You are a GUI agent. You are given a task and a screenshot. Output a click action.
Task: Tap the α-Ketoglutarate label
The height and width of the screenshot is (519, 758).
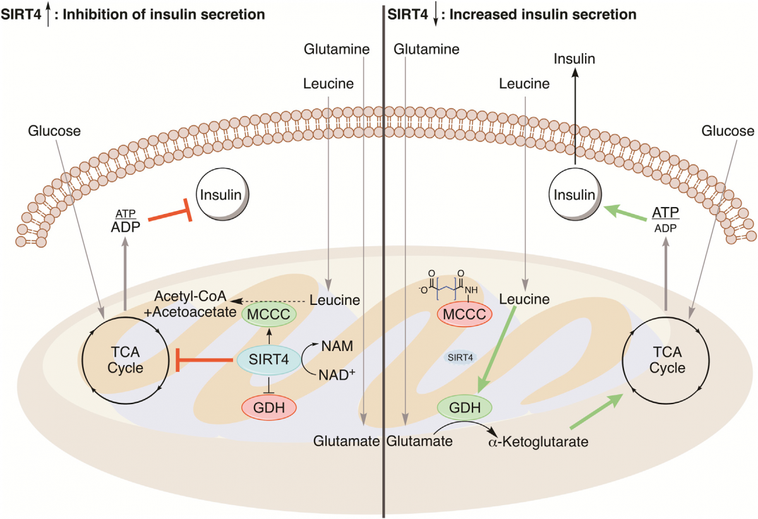coord(539,442)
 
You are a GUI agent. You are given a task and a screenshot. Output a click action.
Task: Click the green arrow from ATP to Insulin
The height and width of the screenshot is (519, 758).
coord(625,213)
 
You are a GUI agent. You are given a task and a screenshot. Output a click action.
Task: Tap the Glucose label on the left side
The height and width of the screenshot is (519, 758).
coord(55,131)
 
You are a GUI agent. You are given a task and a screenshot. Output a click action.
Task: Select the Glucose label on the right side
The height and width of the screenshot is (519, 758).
coord(728,131)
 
